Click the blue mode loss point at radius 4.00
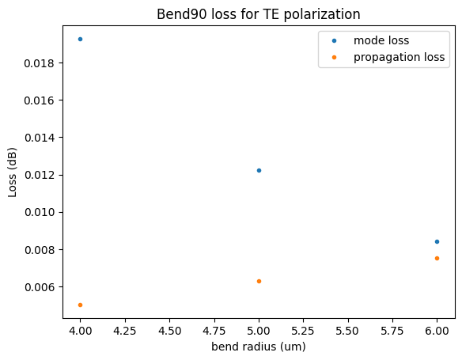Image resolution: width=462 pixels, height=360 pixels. click(80, 39)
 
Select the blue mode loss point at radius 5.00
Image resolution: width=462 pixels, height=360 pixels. click(259, 170)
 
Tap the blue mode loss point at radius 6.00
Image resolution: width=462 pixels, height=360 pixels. click(437, 241)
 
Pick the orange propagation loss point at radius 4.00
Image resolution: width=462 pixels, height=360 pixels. click(80, 305)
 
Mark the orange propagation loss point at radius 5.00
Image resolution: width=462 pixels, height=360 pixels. click(259, 281)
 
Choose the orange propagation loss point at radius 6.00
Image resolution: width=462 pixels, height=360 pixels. click(437, 258)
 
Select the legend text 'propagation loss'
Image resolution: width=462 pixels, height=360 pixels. click(400, 57)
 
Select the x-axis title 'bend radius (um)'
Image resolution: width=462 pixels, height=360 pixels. click(259, 347)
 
